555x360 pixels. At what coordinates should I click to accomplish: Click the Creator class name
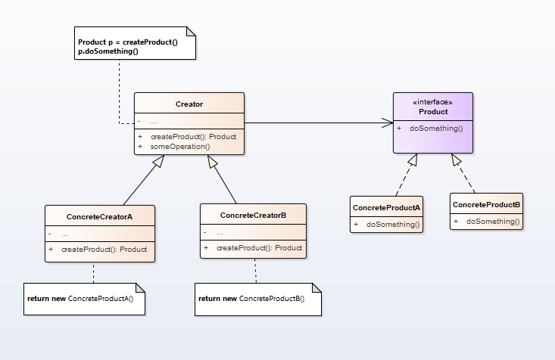tap(189, 104)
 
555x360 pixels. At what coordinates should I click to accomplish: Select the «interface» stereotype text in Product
tap(433, 102)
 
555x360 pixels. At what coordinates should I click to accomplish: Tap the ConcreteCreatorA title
tap(99, 216)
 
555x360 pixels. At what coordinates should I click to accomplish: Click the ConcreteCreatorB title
tap(253, 216)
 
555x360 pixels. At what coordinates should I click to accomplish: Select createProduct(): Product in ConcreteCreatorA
tap(104, 249)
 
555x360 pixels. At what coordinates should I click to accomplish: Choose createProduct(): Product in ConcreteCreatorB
tap(259, 248)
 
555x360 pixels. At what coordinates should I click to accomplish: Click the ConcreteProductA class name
tap(386, 207)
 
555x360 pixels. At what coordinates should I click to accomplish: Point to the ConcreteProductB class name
tap(486, 204)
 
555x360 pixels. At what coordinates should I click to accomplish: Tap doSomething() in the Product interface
tap(436, 129)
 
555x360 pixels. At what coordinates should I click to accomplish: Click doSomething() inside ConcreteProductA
tap(393, 225)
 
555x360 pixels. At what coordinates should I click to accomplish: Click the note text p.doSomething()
tap(108, 51)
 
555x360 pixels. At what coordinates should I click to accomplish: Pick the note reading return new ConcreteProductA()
tap(80, 299)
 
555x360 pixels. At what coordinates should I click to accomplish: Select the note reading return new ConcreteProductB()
tap(251, 299)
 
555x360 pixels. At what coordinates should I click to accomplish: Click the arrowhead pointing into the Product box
tap(388, 123)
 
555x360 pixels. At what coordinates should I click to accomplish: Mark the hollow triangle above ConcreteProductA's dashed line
tap(413, 160)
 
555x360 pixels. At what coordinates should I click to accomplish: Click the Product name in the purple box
tap(433, 112)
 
